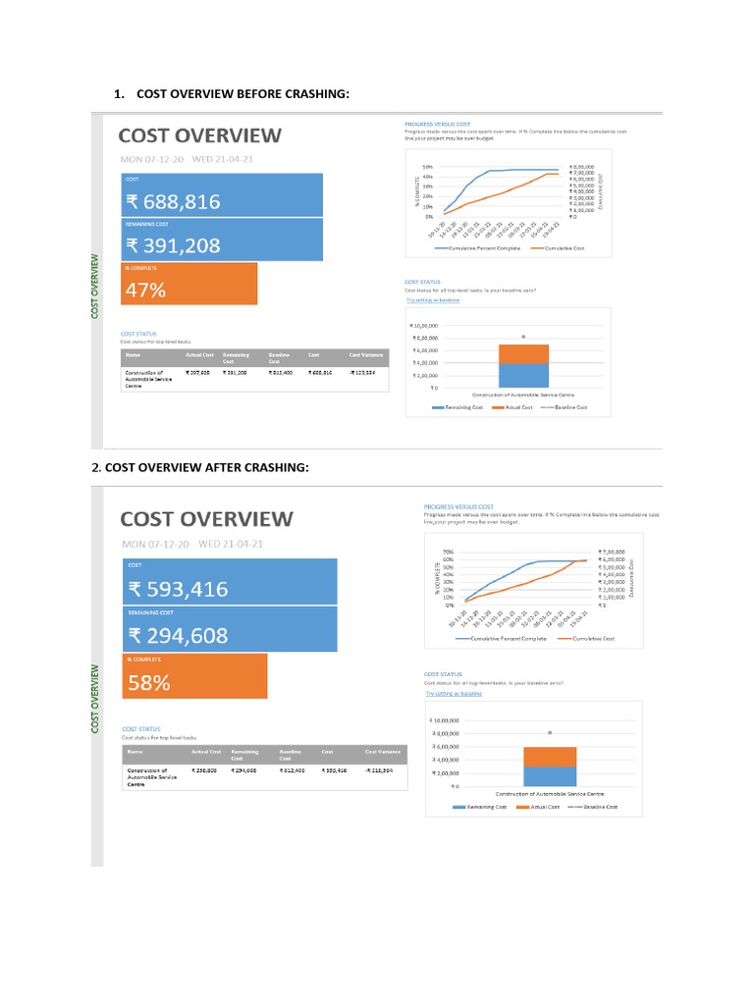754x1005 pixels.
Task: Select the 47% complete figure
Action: click(x=145, y=290)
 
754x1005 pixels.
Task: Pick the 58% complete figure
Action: click(x=149, y=683)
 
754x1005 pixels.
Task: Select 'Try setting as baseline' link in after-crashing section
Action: click(x=447, y=693)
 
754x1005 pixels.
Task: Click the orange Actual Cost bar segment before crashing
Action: click(x=523, y=354)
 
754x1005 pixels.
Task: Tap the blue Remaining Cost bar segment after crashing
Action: click(x=550, y=775)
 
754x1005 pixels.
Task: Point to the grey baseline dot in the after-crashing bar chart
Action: click(x=550, y=732)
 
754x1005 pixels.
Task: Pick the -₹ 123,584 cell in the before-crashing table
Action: click(x=365, y=374)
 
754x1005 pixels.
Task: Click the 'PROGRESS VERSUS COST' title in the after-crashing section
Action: click(x=458, y=506)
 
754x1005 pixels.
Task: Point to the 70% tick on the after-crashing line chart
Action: click(x=448, y=553)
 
